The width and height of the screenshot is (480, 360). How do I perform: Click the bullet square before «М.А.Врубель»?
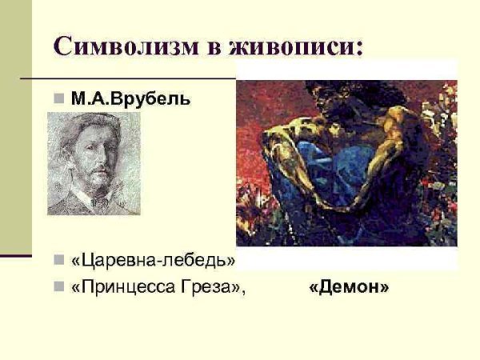(58, 101)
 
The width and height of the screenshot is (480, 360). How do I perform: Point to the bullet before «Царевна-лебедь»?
(58, 261)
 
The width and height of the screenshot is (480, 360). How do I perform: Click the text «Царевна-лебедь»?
(154, 261)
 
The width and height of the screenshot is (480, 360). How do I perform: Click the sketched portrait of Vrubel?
(93, 163)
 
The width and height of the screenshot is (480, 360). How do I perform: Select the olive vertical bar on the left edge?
(15, 128)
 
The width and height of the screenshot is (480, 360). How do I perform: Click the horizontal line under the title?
(128, 78)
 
